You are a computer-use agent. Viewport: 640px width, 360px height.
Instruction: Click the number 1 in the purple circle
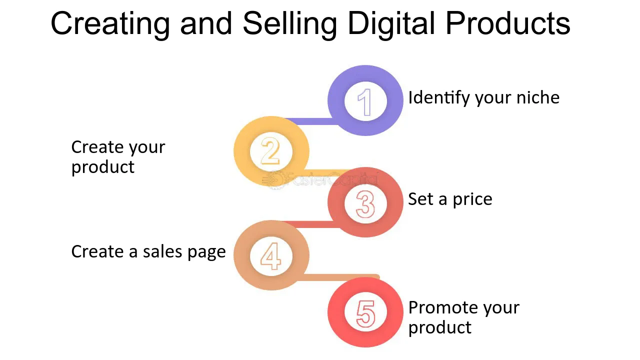(x=365, y=102)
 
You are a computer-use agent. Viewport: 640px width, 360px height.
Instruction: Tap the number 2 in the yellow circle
(x=270, y=151)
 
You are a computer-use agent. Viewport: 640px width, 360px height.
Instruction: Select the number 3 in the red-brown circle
(x=365, y=204)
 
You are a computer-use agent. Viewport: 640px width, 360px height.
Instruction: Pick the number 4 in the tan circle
(x=270, y=256)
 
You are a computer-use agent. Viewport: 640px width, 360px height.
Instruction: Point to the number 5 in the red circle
(x=365, y=313)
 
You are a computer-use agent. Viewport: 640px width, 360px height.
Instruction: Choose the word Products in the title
(x=507, y=23)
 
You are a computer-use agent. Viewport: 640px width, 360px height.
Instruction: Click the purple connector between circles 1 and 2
(x=310, y=121)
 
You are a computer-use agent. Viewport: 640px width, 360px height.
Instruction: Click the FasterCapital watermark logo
(x=320, y=179)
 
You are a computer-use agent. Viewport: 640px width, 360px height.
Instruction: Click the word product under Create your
(x=103, y=167)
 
